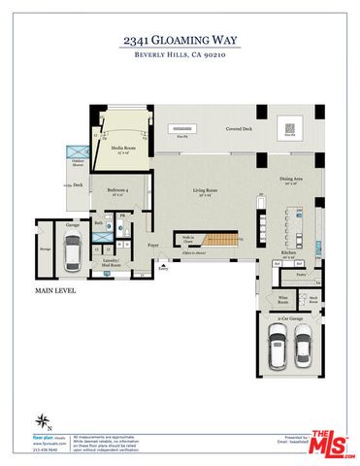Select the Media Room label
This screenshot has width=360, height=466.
click(x=122, y=149)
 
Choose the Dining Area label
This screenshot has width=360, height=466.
click(x=291, y=179)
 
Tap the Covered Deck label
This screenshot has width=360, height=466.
click(x=241, y=127)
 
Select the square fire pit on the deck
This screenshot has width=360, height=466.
click(x=289, y=127)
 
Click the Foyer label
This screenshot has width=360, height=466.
click(x=153, y=247)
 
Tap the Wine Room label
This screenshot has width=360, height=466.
click(x=283, y=299)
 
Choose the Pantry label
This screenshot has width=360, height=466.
click(x=302, y=276)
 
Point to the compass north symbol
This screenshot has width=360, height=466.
click(x=42, y=421)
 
